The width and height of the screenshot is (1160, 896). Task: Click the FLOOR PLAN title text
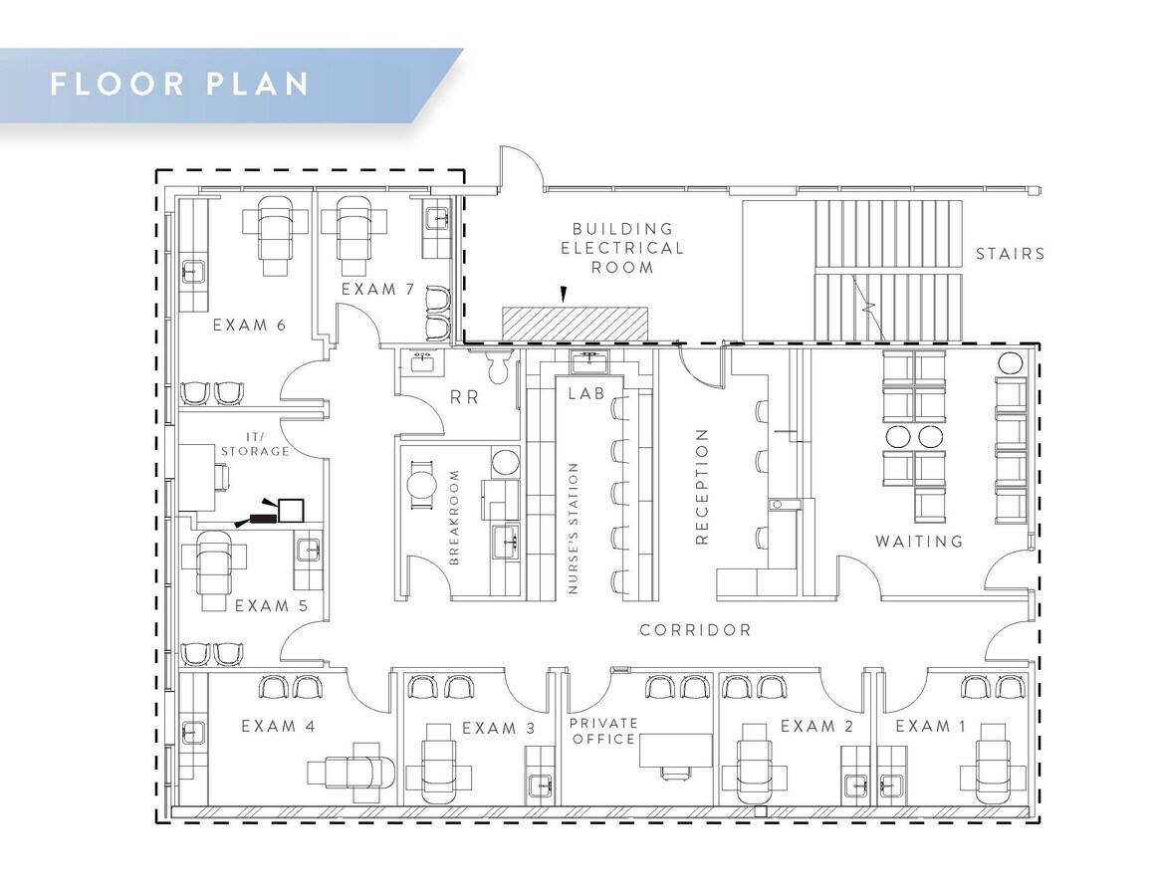tap(180, 84)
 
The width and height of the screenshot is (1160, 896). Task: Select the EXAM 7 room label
tap(377, 290)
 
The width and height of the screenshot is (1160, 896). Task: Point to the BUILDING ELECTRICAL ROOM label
tap(622, 248)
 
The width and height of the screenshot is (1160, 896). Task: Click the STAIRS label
tap(1010, 254)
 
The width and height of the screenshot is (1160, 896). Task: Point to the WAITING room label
tap(919, 542)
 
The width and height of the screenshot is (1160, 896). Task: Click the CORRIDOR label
tap(695, 630)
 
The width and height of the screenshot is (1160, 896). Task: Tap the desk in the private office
tap(675, 751)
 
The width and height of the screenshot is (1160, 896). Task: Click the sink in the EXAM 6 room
tap(192, 271)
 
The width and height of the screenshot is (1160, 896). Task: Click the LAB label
tap(586, 393)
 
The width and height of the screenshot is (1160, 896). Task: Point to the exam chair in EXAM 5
tap(215, 569)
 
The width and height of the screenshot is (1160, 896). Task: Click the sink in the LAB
tap(587, 357)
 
